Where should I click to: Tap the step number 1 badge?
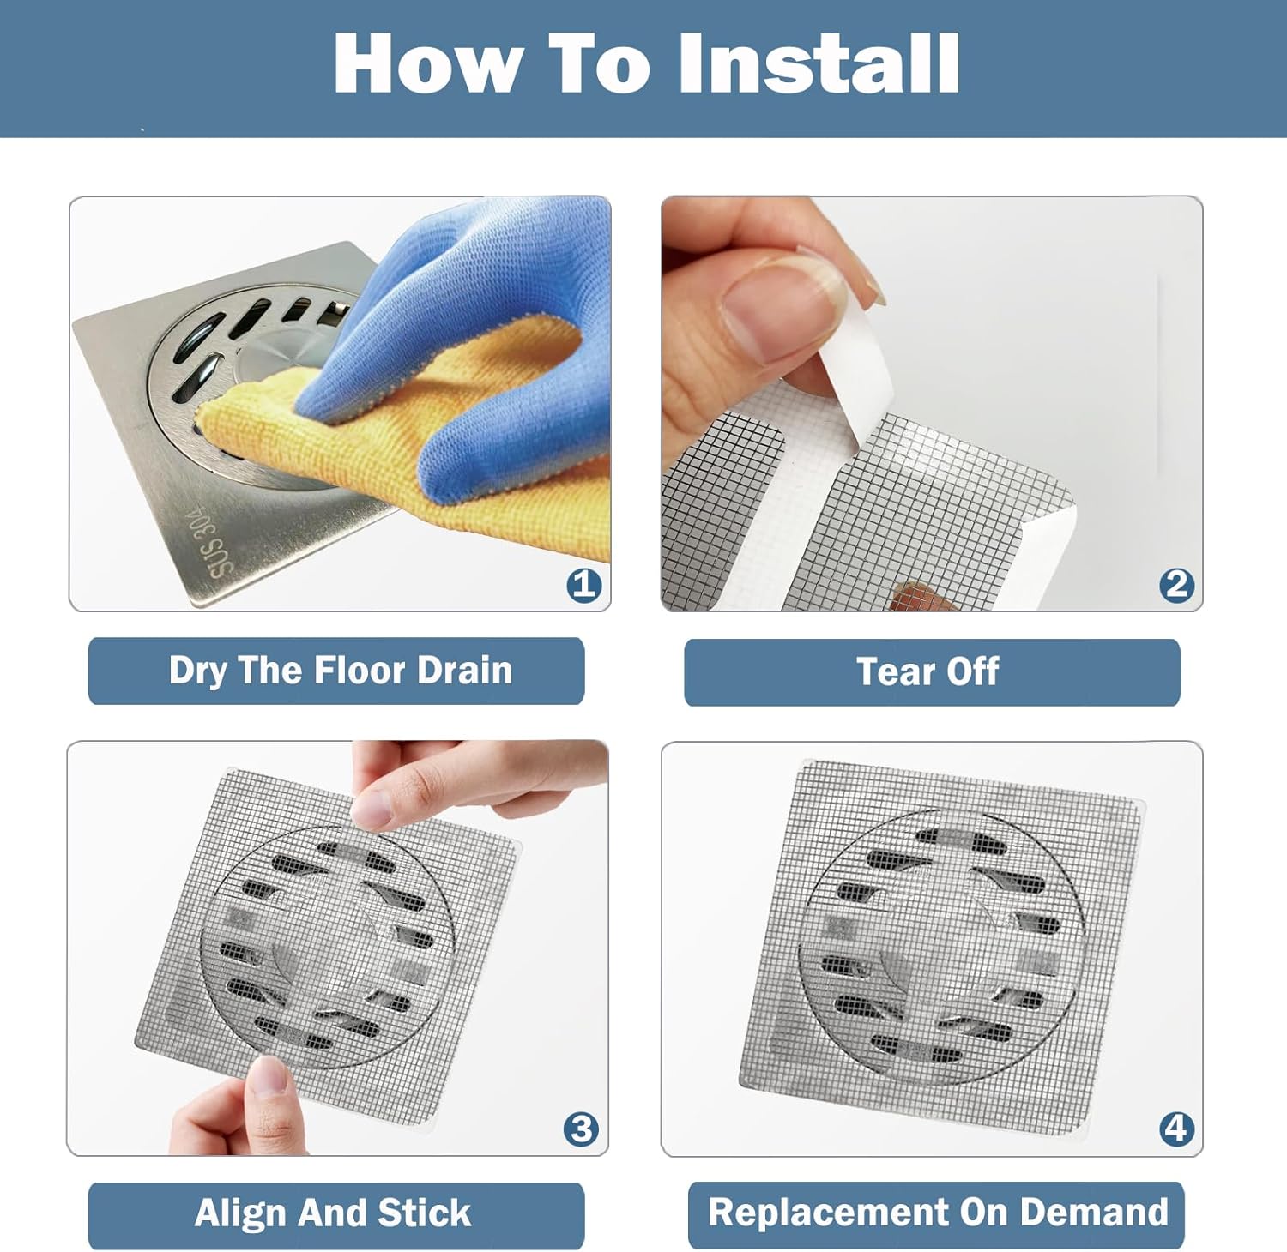(x=583, y=585)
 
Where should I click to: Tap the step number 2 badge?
(x=1176, y=585)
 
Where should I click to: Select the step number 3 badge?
(x=581, y=1129)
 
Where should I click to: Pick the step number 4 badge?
(x=1176, y=1129)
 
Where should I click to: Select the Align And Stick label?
(x=335, y=1214)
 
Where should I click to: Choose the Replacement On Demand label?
(x=936, y=1213)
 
